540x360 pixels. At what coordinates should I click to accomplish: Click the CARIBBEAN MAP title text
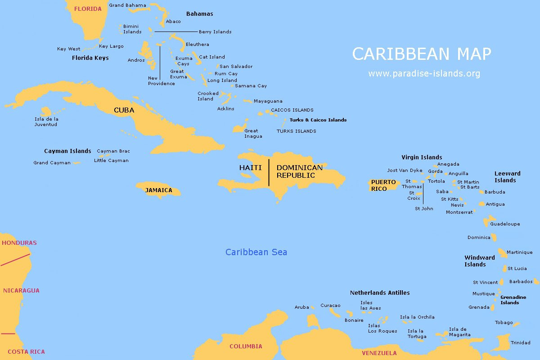pyautogui.click(x=421, y=54)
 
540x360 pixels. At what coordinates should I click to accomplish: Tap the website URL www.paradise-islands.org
pyautogui.click(x=424, y=73)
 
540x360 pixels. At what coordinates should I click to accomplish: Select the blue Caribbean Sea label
pyautogui.click(x=256, y=252)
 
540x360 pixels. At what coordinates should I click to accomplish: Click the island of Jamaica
pyautogui.click(x=158, y=190)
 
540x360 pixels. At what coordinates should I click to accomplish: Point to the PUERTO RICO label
pyautogui.click(x=383, y=185)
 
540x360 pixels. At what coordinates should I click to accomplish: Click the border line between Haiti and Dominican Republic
pyautogui.click(x=269, y=172)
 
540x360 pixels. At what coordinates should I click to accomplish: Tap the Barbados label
pyautogui.click(x=521, y=282)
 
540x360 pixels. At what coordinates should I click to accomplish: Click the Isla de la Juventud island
pyautogui.click(x=46, y=111)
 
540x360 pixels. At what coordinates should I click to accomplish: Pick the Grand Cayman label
pyautogui.click(x=52, y=163)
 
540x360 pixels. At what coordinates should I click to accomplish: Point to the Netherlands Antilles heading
pyautogui.click(x=380, y=293)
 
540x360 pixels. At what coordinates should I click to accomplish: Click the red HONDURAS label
pyautogui.click(x=19, y=243)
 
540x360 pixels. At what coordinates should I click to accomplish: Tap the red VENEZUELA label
pyautogui.click(x=379, y=353)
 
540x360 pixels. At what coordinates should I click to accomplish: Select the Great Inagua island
pyautogui.click(x=240, y=128)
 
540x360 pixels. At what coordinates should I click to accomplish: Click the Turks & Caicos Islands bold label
pyautogui.click(x=318, y=120)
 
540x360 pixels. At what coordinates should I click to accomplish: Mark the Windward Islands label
pyautogui.click(x=479, y=261)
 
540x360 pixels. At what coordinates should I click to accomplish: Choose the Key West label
pyautogui.click(x=68, y=49)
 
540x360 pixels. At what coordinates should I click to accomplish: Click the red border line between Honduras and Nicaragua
pyautogui.click(x=15, y=260)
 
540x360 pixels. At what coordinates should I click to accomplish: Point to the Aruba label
pyautogui.click(x=301, y=307)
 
